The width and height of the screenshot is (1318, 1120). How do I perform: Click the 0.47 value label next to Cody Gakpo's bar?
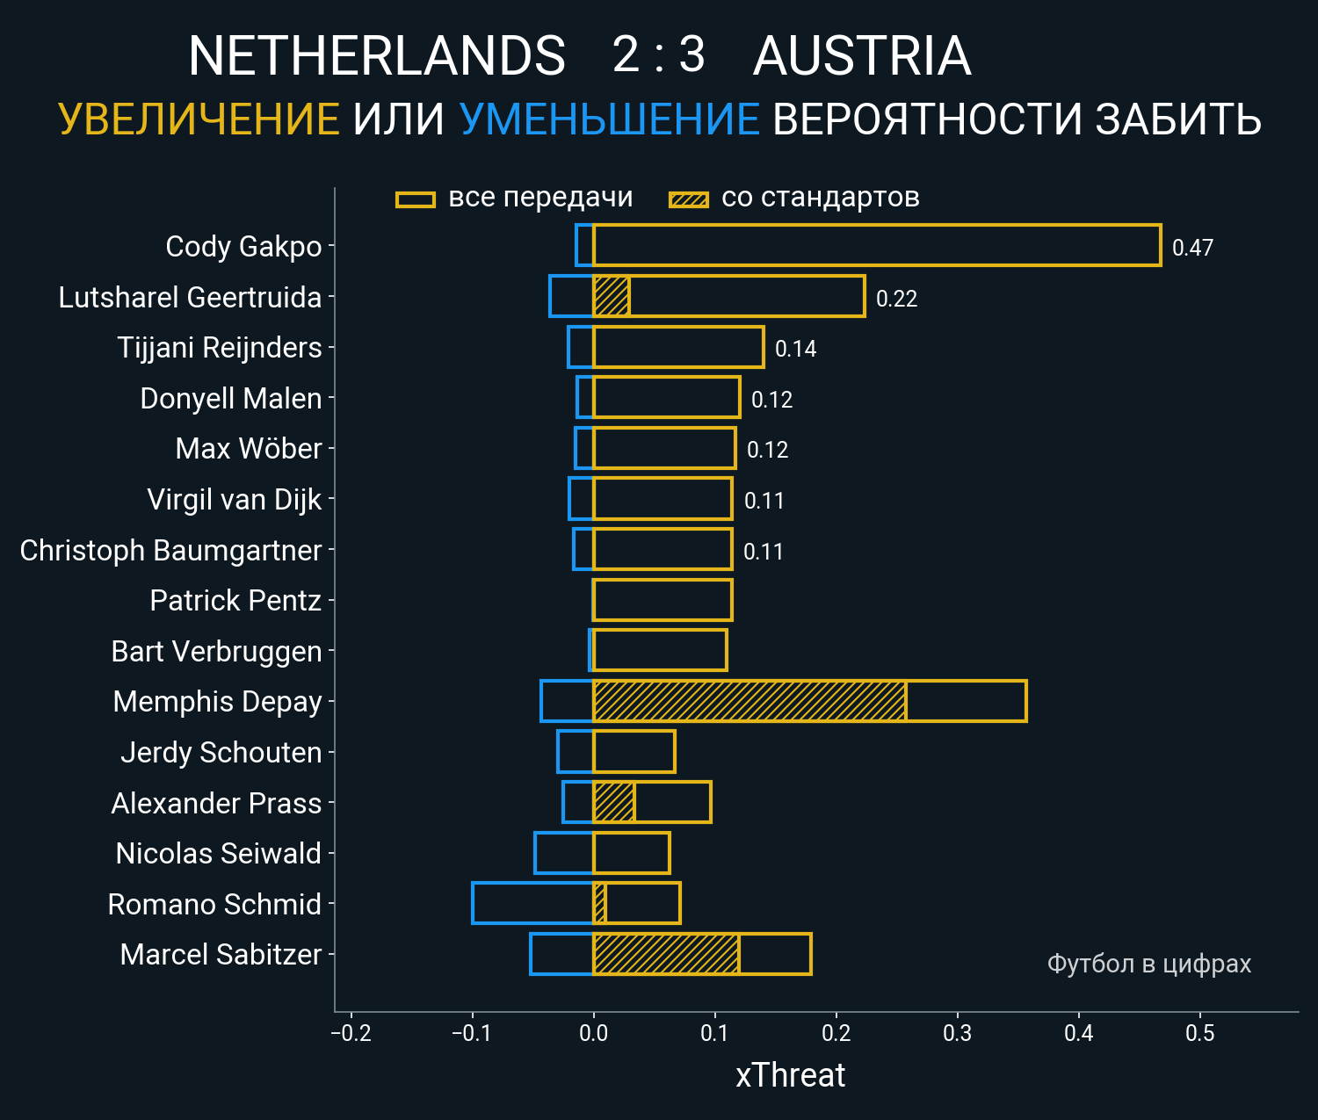pos(1192,248)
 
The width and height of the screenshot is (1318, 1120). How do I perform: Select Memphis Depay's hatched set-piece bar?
pos(750,701)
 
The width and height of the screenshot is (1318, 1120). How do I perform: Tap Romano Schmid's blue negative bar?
pos(532,903)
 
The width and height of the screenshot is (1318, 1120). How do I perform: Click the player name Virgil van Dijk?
pos(235,500)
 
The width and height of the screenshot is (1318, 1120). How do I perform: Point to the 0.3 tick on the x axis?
pos(957,1033)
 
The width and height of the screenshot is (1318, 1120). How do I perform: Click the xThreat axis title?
pos(790,1075)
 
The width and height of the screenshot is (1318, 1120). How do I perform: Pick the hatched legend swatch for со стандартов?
pos(688,199)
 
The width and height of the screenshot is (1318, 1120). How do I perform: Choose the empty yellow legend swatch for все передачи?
pos(416,199)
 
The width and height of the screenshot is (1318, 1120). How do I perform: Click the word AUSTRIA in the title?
pos(862,56)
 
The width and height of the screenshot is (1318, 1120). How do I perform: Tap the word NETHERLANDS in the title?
pos(377,56)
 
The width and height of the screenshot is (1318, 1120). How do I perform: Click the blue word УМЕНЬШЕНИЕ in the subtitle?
pos(609,119)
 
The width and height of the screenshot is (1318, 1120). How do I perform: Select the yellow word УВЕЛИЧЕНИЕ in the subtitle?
pos(199,119)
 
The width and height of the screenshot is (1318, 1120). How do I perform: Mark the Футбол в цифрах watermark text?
pos(1148,964)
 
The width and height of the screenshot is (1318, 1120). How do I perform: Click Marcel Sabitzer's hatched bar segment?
pos(666,954)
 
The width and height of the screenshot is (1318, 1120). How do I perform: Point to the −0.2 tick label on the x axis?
pos(351,1033)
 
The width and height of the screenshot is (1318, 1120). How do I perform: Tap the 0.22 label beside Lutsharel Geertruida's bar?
pos(896,299)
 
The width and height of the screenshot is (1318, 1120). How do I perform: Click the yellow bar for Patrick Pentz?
pos(663,600)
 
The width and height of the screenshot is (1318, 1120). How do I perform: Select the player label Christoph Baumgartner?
pos(170,551)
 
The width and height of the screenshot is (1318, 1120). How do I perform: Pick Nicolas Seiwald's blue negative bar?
pos(564,853)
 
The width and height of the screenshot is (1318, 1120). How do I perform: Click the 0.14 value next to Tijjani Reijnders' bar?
pos(795,349)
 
